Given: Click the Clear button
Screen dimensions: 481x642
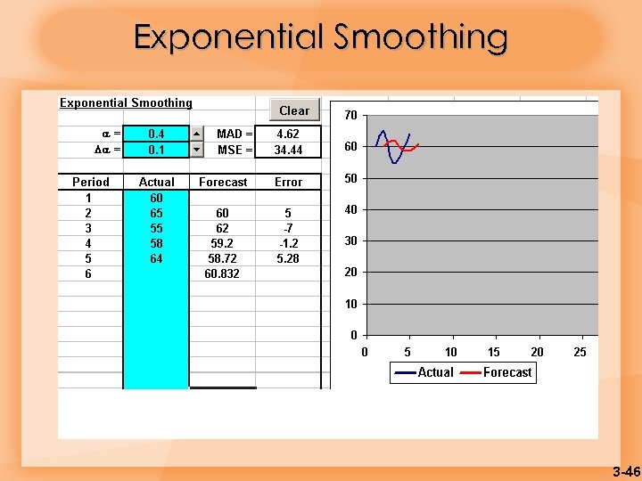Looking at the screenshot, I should (x=294, y=110).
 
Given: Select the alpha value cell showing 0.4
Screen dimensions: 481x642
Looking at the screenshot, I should (x=156, y=134).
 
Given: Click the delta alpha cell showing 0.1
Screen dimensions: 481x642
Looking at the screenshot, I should (x=156, y=150).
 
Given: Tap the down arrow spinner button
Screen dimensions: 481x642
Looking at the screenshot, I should (x=197, y=150).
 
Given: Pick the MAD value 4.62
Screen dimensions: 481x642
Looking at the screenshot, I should (x=287, y=134).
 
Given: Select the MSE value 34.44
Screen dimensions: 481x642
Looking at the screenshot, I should (x=287, y=150).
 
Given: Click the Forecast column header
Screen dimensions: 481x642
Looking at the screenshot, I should (x=223, y=182).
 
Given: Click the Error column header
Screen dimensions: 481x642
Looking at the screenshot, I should (x=288, y=182).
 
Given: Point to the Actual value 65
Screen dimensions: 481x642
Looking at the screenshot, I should (x=156, y=213).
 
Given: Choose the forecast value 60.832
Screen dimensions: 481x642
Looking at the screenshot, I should (x=222, y=273).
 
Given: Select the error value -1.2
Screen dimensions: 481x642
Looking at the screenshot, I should (x=288, y=243).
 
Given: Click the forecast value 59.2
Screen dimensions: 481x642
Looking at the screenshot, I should (x=222, y=243).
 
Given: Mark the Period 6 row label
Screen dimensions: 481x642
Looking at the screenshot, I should (x=88, y=273).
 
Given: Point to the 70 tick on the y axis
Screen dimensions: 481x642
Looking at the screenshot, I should (x=351, y=116).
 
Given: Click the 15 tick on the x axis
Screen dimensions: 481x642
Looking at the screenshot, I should (x=494, y=352).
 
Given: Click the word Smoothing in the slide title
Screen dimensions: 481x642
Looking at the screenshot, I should (x=421, y=37).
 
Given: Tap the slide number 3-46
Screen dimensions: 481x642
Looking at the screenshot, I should (x=626, y=471).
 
